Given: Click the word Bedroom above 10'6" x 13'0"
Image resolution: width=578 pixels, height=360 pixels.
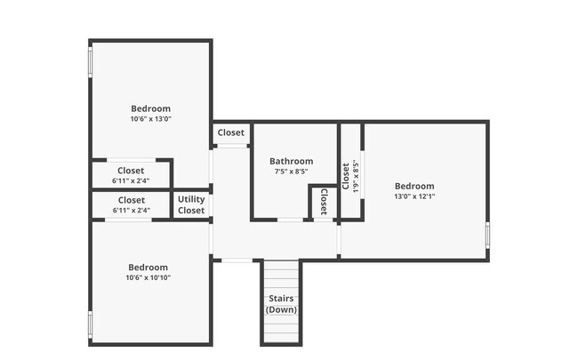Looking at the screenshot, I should click(x=150, y=108).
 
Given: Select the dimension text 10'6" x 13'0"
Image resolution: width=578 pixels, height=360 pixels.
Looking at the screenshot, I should click(x=150, y=119).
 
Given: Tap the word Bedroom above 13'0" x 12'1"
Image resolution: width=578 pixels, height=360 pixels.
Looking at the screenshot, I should click(x=414, y=186).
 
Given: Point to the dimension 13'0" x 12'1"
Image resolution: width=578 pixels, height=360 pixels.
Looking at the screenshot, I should click(x=414, y=196).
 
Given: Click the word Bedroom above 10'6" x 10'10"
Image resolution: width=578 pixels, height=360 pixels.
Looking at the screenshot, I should click(x=148, y=267).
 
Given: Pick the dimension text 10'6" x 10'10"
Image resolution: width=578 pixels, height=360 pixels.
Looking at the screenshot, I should click(x=148, y=277).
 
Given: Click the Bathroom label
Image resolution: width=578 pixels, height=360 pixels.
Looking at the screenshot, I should click(x=291, y=161).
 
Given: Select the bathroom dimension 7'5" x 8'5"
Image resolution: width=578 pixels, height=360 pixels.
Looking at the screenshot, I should click(x=291, y=172).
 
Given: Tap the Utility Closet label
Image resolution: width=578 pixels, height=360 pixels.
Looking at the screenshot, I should click(x=191, y=204).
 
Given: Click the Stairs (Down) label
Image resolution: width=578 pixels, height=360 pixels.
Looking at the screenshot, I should click(x=281, y=304).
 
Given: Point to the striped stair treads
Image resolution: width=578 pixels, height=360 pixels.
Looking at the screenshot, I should click(x=281, y=276).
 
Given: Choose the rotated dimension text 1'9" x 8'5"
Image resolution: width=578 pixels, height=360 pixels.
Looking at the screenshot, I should click(x=356, y=177).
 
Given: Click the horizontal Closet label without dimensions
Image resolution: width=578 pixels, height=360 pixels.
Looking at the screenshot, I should click(x=230, y=132).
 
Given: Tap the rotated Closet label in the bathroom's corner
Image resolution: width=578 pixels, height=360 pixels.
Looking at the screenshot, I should click(x=323, y=202).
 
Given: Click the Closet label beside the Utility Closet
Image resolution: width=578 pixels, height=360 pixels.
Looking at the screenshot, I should click(x=131, y=200).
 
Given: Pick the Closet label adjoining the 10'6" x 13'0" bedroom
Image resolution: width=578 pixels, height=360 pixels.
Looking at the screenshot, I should click(x=131, y=171).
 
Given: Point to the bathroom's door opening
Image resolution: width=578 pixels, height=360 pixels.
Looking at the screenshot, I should click(x=290, y=220).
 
